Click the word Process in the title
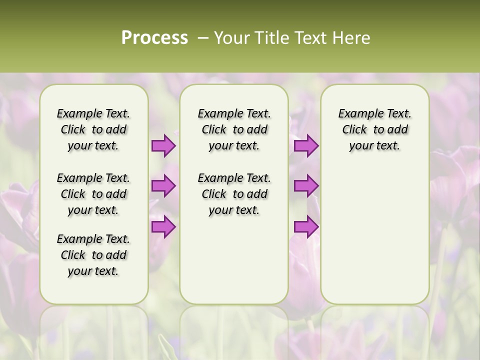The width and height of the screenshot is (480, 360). click(154, 37)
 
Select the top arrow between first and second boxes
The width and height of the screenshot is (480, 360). click(163, 145)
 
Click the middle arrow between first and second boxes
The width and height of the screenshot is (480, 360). click(163, 186)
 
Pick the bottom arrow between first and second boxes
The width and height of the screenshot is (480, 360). click(163, 226)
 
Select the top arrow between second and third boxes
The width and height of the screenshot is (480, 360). click(306, 145)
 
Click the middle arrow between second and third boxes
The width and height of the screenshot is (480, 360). click(306, 186)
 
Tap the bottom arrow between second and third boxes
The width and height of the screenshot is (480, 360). click(306, 226)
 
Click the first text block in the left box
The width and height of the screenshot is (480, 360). click(93, 129)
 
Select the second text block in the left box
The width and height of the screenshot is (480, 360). click(93, 194)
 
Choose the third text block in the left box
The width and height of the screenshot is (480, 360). click(93, 255)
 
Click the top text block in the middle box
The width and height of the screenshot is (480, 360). click(234, 129)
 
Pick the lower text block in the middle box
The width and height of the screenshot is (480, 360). click(234, 194)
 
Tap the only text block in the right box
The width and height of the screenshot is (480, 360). click(374, 129)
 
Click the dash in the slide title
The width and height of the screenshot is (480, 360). click(202, 38)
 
